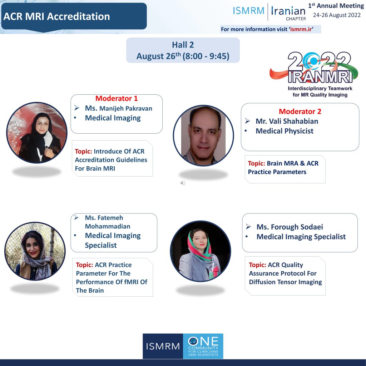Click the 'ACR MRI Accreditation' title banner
click(x=74, y=16)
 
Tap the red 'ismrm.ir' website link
click(x=301, y=29)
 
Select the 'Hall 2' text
click(x=183, y=45)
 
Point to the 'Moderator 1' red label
click(x=117, y=98)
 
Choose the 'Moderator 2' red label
click(x=300, y=112)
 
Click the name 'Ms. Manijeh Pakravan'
click(x=119, y=108)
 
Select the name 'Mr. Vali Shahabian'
click(x=287, y=121)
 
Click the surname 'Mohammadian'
click(x=108, y=226)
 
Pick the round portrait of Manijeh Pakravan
click(x=37, y=133)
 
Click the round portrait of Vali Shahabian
click(x=203, y=135)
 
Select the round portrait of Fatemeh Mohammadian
click(x=35, y=251)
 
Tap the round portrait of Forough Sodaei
click(x=201, y=251)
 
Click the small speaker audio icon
click(x=183, y=183)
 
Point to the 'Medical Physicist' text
click(x=285, y=131)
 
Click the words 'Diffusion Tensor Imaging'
click(x=285, y=282)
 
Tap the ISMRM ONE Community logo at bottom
click(x=183, y=346)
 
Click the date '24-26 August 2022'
click(x=337, y=15)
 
